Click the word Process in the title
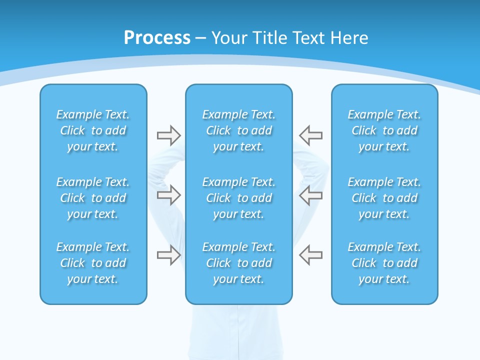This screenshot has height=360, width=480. click(x=157, y=38)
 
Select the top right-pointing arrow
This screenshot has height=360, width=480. click(x=168, y=135)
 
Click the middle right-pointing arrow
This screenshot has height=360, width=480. click(x=168, y=195)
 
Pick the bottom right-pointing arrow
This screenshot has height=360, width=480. click(x=168, y=255)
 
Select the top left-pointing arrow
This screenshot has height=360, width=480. click(x=310, y=135)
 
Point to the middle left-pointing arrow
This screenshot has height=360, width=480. click(x=310, y=195)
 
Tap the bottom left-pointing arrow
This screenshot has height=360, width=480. click(x=310, y=255)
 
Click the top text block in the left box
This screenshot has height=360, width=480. click(x=93, y=130)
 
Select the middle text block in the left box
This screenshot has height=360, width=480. click(x=93, y=198)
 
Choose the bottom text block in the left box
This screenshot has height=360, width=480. click(x=93, y=263)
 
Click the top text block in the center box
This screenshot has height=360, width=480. click(x=238, y=130)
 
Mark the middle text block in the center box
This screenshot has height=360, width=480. click(x=238, y=198)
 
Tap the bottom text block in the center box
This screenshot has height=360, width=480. click(x=238, y=263)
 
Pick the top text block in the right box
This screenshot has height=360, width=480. click(x=384, y=130)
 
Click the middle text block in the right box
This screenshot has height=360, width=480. click(x=384, y=198)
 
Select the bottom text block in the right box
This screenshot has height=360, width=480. click(x=384, y=263)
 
